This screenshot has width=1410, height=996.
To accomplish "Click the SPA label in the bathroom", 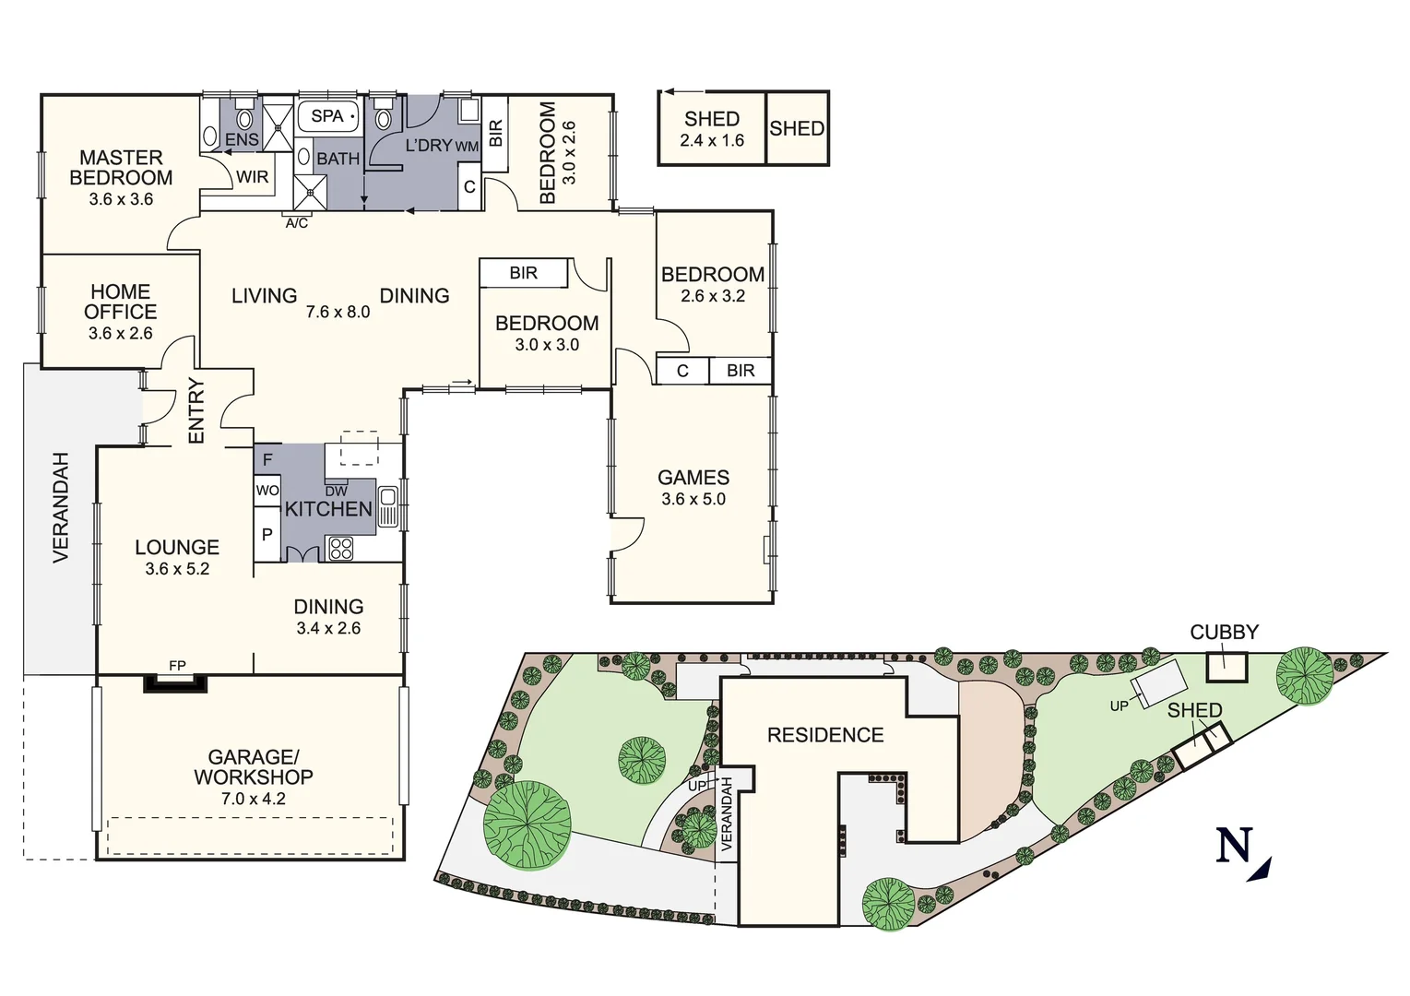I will tap(326, 116).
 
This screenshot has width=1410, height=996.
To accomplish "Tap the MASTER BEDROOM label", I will tap(121, 168).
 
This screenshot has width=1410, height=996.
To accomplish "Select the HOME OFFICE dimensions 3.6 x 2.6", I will tap(121, 334).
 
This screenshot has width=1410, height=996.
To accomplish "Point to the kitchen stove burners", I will tap(341, 549).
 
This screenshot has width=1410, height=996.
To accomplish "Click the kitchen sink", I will tap(388, 506).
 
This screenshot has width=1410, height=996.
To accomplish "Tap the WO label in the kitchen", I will tap(267, 491).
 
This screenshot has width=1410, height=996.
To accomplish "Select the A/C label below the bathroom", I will tap(297, 223).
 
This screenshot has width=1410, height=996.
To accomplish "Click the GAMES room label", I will tap(693, 478).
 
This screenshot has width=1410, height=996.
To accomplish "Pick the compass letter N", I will tap(1234, 846).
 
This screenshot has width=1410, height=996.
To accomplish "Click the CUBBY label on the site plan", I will tap(1224, 633).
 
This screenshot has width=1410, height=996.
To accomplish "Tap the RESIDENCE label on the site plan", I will tap(825, 735).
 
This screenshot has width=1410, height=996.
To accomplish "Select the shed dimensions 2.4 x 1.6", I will tap(712, 141).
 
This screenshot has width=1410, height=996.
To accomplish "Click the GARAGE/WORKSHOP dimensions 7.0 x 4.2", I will tap(254, 799).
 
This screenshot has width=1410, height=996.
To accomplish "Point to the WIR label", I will tap(252, 177).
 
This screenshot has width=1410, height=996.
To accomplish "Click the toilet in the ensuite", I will tap(244, 118).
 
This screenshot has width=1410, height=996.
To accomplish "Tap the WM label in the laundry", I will tap(467, 147).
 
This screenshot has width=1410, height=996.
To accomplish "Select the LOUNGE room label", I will tap(177, 548).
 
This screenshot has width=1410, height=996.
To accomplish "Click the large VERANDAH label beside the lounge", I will tap(61, 507).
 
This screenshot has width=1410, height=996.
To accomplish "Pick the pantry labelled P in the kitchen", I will tap(267, 535).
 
